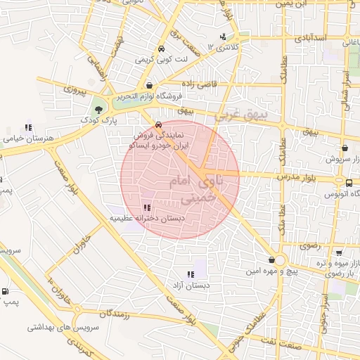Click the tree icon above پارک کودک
pos(99,110)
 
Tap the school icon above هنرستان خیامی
pos(28,128)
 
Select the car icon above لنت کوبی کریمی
pos(162,50)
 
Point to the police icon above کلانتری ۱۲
pos(223,37)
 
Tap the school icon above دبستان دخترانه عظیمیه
pos(147,207)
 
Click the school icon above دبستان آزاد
pos(190,274)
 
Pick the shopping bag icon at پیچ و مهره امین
pos(271,260)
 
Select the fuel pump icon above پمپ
pos(6,292)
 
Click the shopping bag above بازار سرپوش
pos(345,148)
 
